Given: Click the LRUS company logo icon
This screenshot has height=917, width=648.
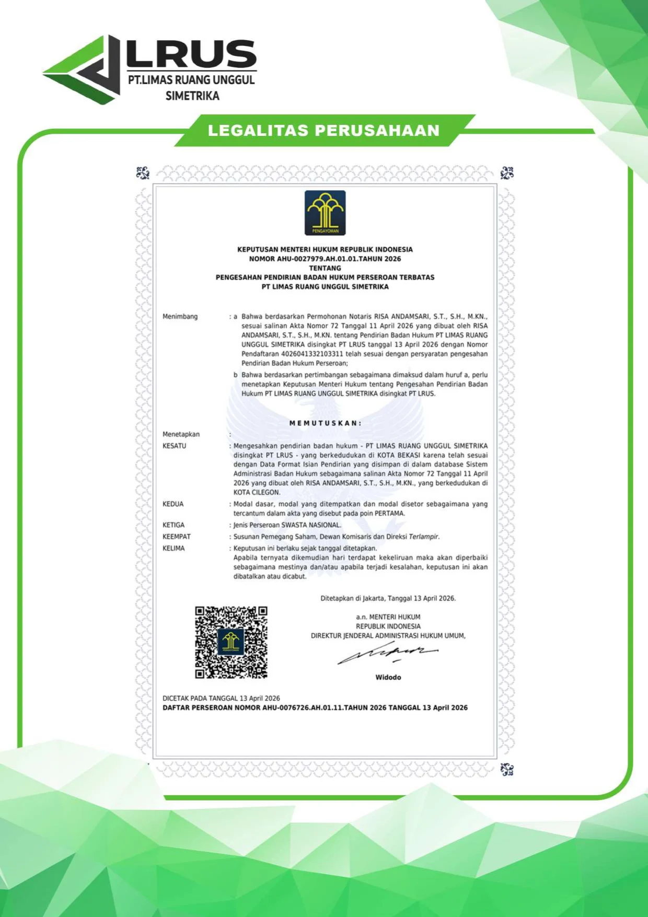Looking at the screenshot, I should (x=84, y=69).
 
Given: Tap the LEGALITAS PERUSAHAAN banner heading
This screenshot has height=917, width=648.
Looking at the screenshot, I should (x=323, y=131).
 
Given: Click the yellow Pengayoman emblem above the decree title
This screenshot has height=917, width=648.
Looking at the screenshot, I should (x=325, y=213).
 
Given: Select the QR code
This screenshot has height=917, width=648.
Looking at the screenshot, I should (x=231, y=642).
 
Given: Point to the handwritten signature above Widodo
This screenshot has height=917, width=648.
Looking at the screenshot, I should (x=387, y=653).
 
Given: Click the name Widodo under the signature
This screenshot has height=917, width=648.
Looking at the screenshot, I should (x=388, y=677).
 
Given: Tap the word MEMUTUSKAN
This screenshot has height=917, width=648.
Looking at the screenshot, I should (x=325, y=423).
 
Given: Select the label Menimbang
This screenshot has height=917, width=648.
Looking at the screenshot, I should (x=180, y=317).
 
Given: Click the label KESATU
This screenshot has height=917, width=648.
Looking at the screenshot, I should (x=174, y=446).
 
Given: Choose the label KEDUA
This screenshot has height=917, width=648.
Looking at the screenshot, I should (x=173, y=504).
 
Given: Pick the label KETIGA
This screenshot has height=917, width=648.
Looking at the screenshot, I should (x=173, y=525).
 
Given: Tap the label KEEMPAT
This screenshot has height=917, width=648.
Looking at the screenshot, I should (x=176, y=537).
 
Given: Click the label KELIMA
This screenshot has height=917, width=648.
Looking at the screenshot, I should (x=173, y=548).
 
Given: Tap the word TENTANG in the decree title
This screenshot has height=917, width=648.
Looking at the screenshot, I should (x=325, y=268).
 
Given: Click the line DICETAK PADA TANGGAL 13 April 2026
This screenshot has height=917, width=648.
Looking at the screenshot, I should (x=221, y=698).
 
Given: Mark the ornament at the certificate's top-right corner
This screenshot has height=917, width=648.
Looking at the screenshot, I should (x=507, y=173).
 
